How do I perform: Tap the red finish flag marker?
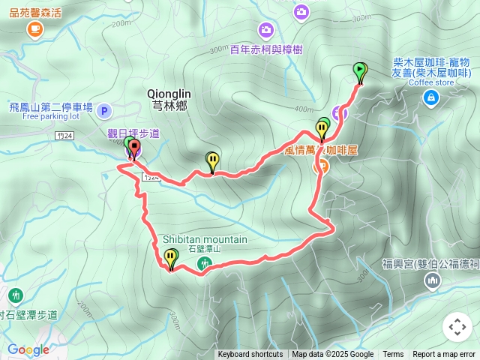(134, 148)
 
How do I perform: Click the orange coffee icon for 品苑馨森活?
(34, 29)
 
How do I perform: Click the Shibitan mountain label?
(205, 239)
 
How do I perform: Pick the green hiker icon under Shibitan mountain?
(203, 263)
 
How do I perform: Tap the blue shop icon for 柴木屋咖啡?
(430, 97)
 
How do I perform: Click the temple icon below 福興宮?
(432, 280)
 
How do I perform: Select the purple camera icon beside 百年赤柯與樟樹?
(265, 30)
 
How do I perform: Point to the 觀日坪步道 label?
(133, 133)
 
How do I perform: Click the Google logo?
(28, 349)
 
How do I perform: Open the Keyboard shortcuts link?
(250, 355)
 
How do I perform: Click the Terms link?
(393, 355)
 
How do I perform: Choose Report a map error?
(443, 355)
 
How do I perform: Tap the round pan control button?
(457, 328)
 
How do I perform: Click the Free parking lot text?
(50, 117)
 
